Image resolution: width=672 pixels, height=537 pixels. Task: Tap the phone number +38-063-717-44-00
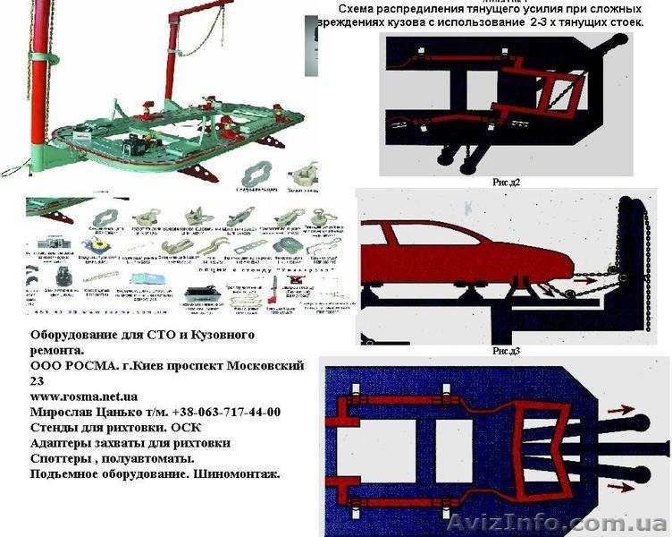coord(218,412)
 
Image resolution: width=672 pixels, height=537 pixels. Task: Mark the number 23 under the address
coord(38,380)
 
